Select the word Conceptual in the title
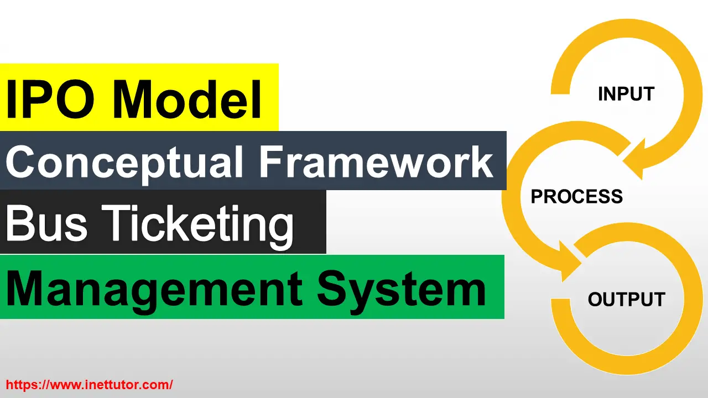click(124, 162)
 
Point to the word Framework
click(376, 161)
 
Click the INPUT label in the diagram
click(626, 94)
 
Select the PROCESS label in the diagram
click(577, 197)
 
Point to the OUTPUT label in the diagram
click(626, 300)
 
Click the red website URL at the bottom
click(89, 384)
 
